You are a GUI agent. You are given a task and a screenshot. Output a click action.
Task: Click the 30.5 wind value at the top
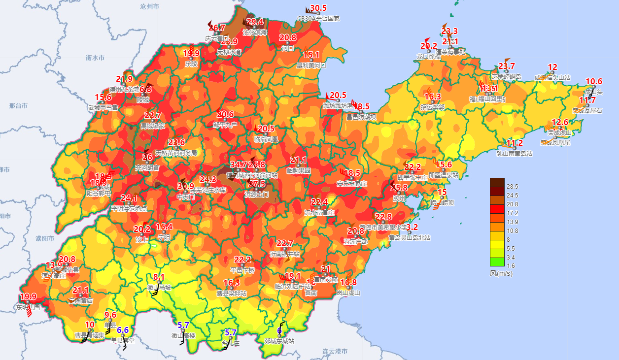pyautogui.click(x=318, y=8)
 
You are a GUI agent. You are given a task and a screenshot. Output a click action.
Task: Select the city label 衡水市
pyautogui.click(x=95, y=58)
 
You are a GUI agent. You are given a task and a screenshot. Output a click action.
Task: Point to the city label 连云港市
pyautogui.click(x=335, y=352)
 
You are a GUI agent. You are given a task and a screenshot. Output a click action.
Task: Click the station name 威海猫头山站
pyautogui.click(x=552, y=77)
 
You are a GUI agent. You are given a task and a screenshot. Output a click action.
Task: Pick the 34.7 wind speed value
pyautogui.click(x=239, y=164)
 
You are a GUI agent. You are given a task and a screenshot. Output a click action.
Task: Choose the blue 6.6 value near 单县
pyautogui.click(x=123, y=330)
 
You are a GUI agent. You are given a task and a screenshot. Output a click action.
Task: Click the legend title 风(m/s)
pyautogui.click(x=501, y=273)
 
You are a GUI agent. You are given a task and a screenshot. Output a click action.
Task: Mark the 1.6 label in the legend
pyautogui.click(x=512, y=266)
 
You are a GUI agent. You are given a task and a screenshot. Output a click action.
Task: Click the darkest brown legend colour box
pyautogui.click(x=497, y=182)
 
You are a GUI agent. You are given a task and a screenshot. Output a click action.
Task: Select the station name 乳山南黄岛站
pyautogui.click(x=515, y=153)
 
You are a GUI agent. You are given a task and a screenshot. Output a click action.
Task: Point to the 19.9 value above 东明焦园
pyautogui.click(x=28, y=296)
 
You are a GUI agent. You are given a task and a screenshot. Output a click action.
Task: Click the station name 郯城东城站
pyautogui.click(x=279, y=341)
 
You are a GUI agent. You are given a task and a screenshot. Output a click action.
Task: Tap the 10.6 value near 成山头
pyautogui.click(x=594, y=81)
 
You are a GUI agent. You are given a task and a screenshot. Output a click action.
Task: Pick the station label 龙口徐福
pyautogui.click(x=429, y=57)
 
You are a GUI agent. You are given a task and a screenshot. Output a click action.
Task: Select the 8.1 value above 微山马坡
pyautogui.click(x=159, y=277)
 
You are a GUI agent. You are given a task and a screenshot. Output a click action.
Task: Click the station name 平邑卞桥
pyautogui.click(x=242, y=270)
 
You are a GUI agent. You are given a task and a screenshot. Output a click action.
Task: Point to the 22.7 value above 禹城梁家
pyautogui.click(x=153, y=116)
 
